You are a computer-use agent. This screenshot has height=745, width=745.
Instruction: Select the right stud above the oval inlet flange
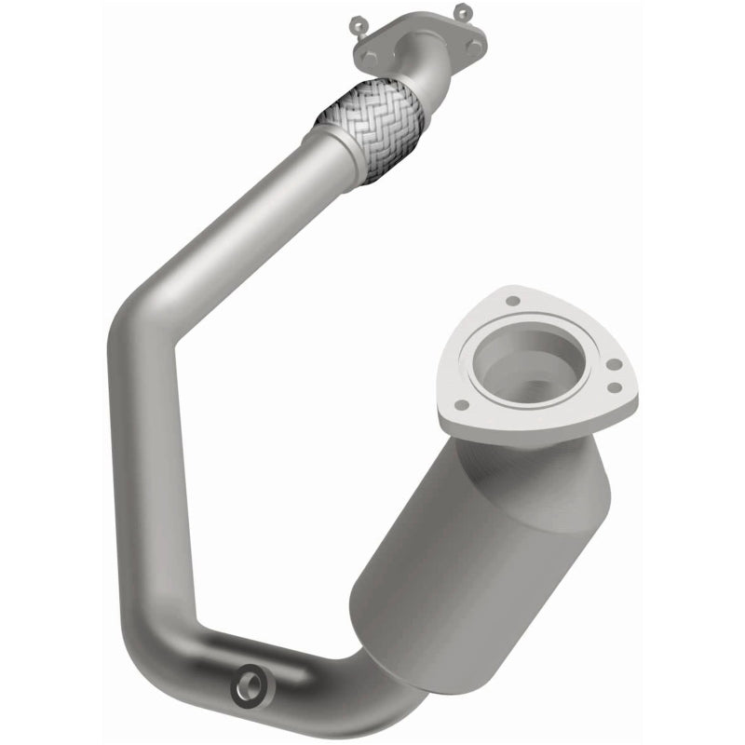point(462,11)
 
